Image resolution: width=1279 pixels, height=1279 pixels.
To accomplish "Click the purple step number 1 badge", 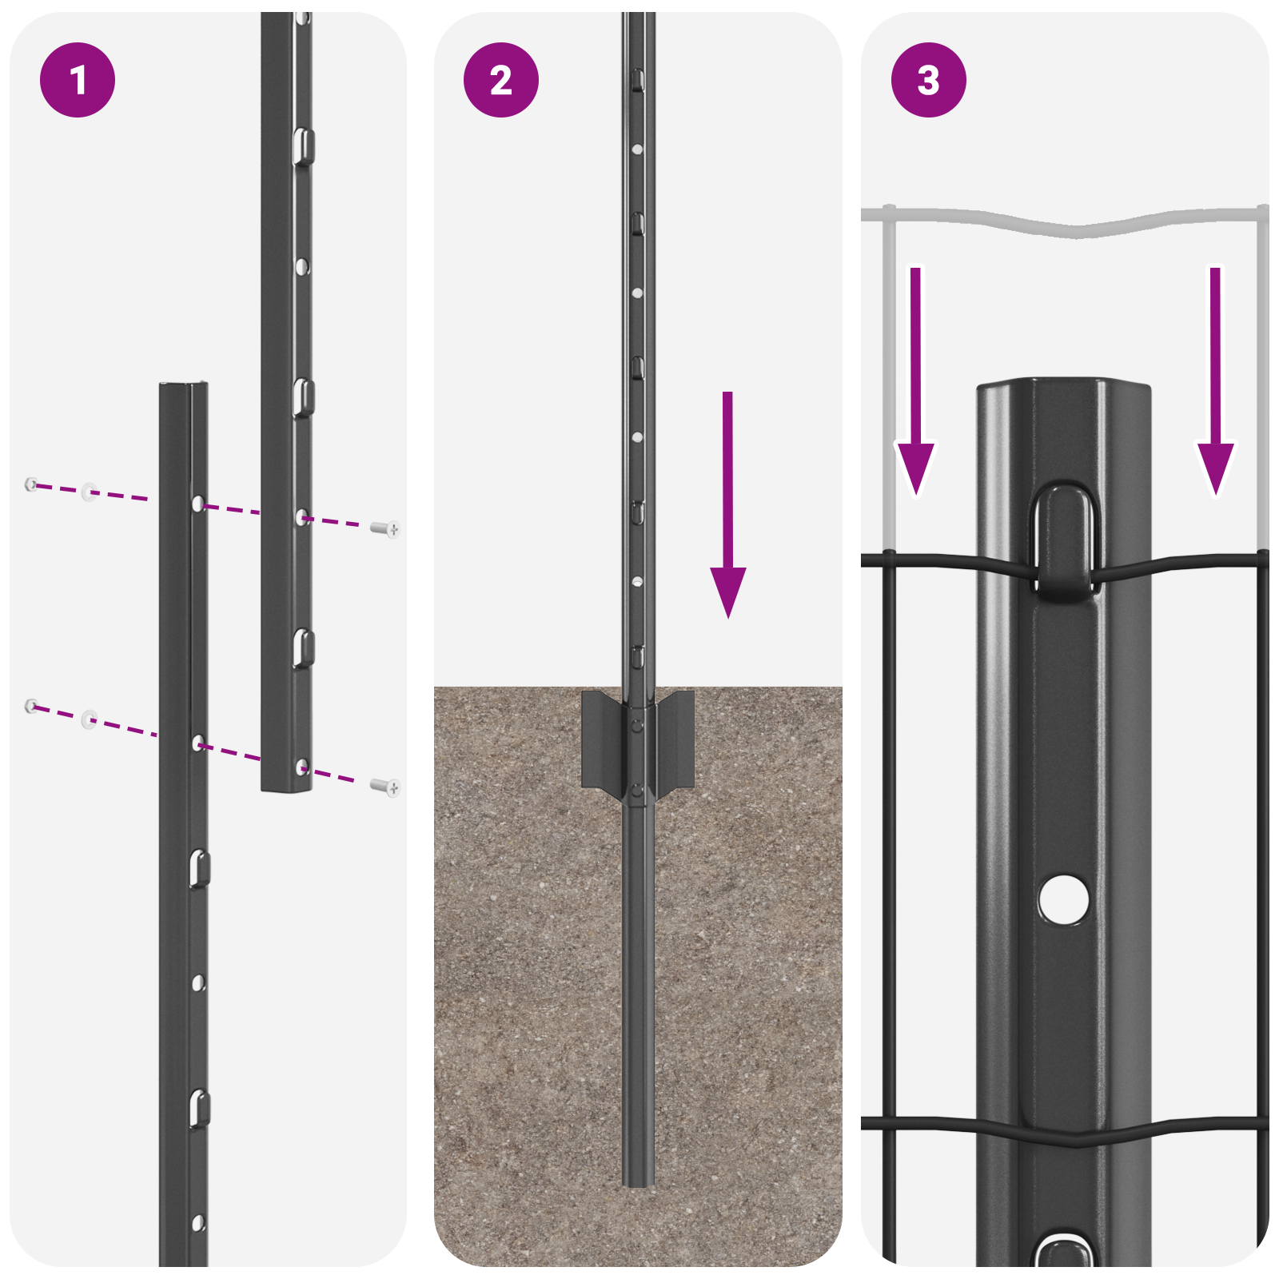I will (x=78, y=80).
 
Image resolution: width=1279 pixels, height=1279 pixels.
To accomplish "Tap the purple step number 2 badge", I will (x=501, y=80).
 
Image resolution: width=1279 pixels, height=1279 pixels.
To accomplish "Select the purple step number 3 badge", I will (x=928, y=80).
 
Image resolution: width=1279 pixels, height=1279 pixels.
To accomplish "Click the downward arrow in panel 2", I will (x=727, y=512).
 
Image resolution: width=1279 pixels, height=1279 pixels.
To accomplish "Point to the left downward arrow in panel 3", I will (x=915, y=384).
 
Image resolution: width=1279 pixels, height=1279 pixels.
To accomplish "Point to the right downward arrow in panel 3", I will (x=1215, y=384).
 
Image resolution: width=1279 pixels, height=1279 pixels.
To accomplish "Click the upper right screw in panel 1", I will (x=386, y=528).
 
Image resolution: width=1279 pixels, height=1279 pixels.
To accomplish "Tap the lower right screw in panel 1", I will (x=386, y=787).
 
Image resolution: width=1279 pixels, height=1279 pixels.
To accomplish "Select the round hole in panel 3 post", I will (x=1063, y=899).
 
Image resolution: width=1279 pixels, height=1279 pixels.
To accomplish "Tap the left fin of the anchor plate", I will (x=602, y=739).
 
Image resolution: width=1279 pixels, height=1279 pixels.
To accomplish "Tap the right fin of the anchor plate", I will (x=675, y=739).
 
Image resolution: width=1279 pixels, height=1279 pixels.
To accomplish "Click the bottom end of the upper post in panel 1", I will (x=286, y=787).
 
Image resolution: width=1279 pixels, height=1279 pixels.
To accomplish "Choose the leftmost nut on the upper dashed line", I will (x=31, y=484).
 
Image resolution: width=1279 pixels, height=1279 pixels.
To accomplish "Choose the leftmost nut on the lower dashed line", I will (x=31, y=705).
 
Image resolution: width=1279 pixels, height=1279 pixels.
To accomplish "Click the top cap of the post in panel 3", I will (x=1063, y=388).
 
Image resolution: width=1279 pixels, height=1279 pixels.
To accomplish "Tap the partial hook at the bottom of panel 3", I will (x=1064, y=1251).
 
